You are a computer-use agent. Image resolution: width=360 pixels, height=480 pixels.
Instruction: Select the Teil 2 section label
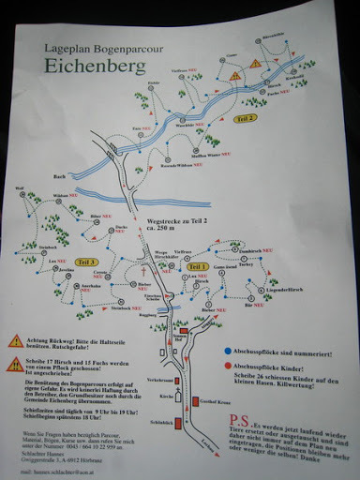coord(246,118)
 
